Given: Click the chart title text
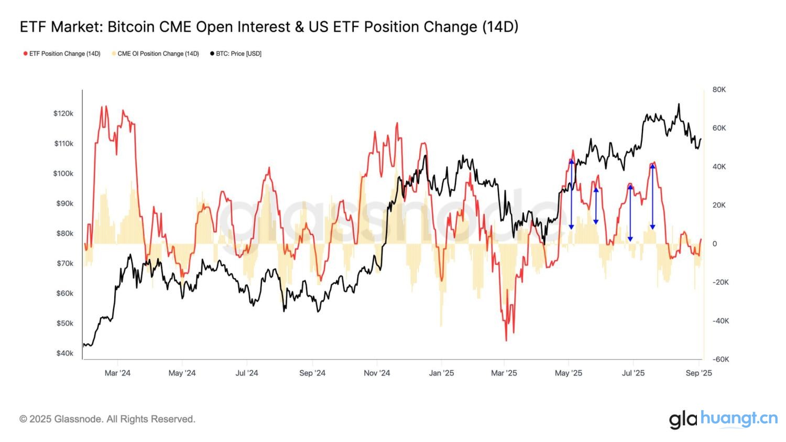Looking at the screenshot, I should tap(269, 27).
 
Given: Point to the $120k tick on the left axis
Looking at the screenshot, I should tap(63, 114).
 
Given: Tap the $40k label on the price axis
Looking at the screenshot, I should tap(65, 353).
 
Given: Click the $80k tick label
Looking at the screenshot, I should tap(65, 233).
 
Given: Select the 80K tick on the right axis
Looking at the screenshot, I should tap(719, 90).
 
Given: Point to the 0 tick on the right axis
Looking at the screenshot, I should tap(714, 244).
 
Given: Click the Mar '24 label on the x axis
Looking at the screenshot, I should tap(117, 373).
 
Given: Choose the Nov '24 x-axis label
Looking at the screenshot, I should tap(377, 373).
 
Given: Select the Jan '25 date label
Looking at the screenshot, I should tap(441, 373).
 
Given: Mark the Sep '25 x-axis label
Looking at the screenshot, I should tap(698, 373).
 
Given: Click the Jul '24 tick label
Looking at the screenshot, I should tap(246, 373).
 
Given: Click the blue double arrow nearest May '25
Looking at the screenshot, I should tap(571, 194).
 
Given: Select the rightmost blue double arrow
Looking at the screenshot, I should tap(652, 196).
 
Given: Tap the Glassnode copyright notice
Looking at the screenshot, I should tap(107, 419).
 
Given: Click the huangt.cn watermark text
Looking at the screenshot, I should tap(739, 418).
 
